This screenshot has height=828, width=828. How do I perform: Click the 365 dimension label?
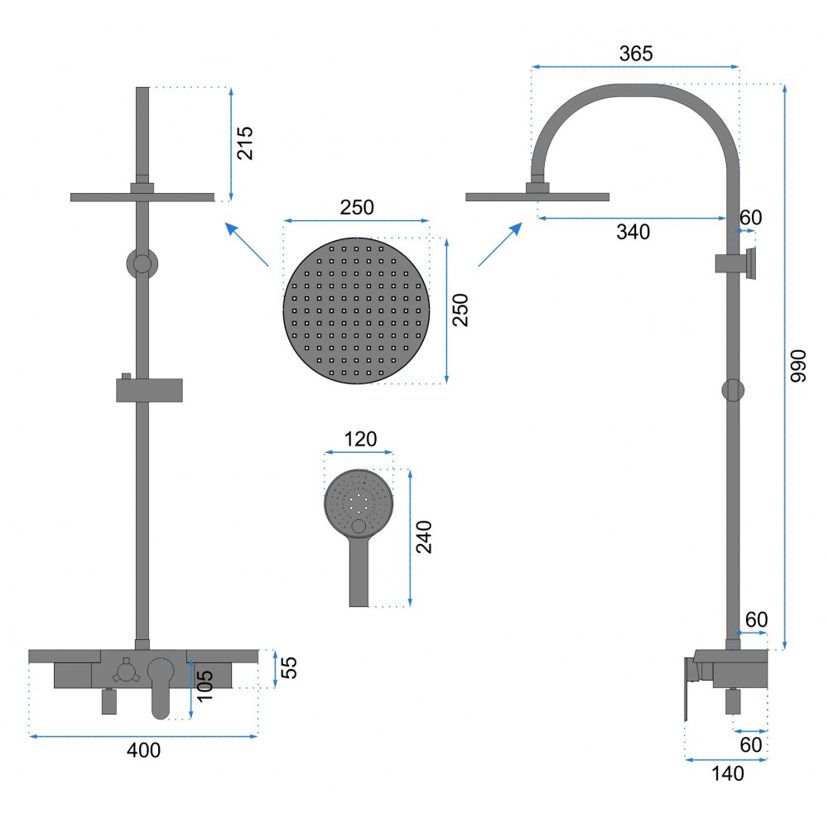click(636, 53)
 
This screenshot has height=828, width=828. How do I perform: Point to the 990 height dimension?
click(798, 365)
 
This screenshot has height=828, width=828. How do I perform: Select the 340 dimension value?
click(633, 232)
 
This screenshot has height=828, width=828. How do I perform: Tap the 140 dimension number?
click(728, 773)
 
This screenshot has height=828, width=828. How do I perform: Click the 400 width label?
click(143, 750)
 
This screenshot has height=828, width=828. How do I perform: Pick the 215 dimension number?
click(245, 142)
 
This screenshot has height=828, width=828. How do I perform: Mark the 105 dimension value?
click(205, 686)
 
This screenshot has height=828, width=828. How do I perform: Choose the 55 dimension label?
click(289, 667)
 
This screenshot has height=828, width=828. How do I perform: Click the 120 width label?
click(361, 439)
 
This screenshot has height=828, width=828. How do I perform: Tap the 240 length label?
click(424, 537)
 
